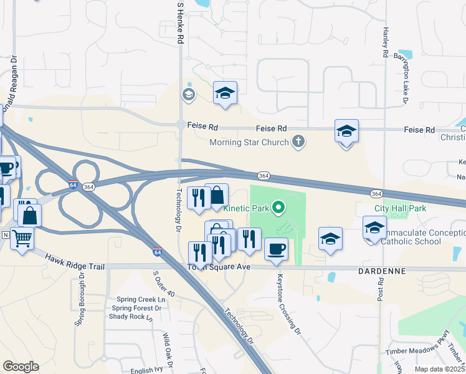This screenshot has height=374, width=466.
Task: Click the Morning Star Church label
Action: [249, 142]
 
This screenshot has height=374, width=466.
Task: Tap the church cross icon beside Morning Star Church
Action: [298, 141]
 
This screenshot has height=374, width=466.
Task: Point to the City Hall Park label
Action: [400, 208]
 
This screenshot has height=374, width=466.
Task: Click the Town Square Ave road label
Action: [219, 267]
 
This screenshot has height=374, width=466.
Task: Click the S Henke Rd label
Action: [181, 22]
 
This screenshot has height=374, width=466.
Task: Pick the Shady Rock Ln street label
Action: [131, 317]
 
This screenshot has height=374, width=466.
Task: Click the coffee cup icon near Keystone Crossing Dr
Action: [276, 249]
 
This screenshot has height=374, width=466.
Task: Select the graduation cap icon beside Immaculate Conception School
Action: [374, 228]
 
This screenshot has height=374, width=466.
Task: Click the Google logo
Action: [21, 367]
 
